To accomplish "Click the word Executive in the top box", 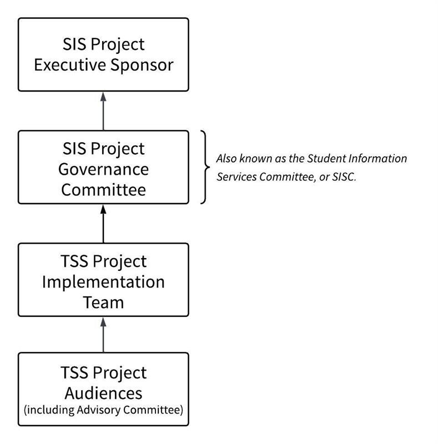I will coord(68,65).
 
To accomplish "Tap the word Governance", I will coord(103,169).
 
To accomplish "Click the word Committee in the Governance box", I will coord(103,189).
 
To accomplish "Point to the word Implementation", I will coord(103,281).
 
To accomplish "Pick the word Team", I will coord(103,302).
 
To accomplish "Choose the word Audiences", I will coord(103,393).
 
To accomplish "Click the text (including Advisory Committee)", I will coord(103,411).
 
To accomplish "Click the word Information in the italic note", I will coord(376,159).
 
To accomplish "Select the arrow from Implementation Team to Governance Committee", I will coord(103,224).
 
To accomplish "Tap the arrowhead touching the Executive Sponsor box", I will coord(103,97).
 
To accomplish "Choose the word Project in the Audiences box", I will coord(121,372).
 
